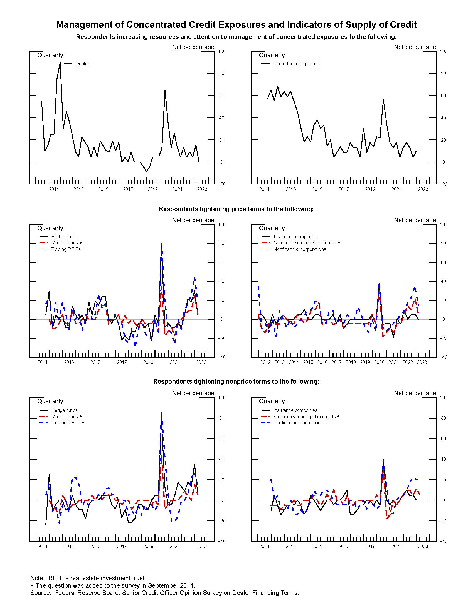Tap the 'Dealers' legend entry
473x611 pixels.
pos(83,64)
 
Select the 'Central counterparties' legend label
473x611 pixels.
pos(296,64)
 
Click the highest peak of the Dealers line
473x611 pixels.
pos(60,63)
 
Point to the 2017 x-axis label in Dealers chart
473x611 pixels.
pos(128,189)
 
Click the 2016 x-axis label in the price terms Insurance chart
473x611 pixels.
pos(322,362)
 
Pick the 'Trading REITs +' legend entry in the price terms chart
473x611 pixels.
pos(68,249)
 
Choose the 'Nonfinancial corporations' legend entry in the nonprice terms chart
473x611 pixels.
pos(299,423)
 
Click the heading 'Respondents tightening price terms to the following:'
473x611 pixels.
pos(236,209)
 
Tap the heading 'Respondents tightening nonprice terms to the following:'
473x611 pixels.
pos(236,382)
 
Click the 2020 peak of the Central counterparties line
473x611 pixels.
pos(383,100)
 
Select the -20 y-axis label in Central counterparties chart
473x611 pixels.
pos(443,184)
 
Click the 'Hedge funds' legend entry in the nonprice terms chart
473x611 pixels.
pos(64,410)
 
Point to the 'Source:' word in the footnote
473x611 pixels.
pos(41,593)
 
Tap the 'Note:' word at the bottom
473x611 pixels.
pos(38,578)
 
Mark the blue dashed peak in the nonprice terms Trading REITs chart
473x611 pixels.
pos(161,413)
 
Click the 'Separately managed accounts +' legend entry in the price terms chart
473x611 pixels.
pos(306,243)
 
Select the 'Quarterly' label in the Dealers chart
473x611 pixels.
pos(50,55)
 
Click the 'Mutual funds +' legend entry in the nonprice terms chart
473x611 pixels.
pos(66,417)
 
